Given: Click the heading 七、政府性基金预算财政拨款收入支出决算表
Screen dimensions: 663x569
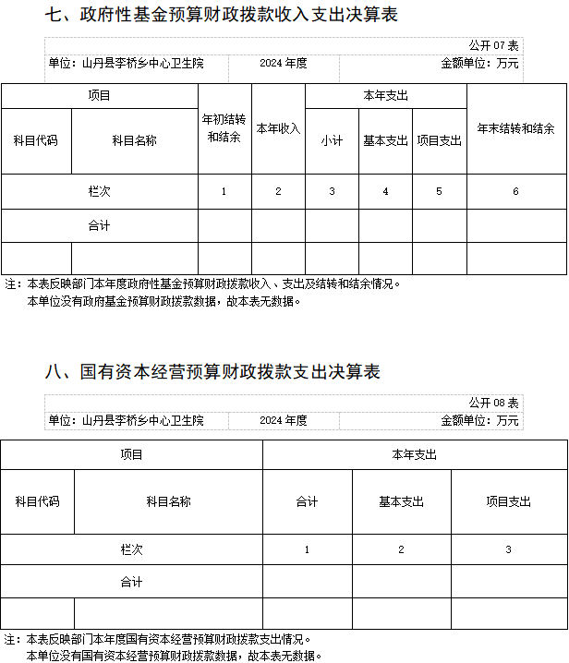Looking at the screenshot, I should [222, 16].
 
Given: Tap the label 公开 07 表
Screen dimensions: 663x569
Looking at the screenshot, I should [493, 45].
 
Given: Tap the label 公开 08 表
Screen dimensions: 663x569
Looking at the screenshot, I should [493, 404].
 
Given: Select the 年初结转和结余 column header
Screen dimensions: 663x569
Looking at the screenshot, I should [224, 128].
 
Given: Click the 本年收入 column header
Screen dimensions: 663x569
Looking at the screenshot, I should [278, 128].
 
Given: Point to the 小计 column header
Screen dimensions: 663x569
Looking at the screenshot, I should [332, 140].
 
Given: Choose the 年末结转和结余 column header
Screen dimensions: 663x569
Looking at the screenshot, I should [516, 128].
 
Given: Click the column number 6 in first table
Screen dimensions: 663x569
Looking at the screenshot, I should [516, 191].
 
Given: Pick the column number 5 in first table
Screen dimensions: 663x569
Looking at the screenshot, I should [439, 191].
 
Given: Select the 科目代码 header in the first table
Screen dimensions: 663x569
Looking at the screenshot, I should [36, 140].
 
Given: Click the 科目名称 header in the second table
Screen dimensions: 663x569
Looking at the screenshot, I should [168, 501].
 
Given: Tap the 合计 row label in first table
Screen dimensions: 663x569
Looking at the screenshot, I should [99, 225].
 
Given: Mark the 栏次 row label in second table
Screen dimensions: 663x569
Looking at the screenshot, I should [131, 548].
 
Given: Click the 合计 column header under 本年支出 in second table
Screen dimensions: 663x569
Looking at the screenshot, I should [307, 501].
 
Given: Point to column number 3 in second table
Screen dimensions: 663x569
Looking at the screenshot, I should [508, 548].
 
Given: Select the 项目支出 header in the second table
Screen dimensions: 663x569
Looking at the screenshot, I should [508, 501].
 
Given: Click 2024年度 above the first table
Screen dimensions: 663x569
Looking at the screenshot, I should [283, 63].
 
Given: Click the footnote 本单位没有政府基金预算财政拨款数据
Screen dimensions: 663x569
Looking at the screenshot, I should [163, 301].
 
